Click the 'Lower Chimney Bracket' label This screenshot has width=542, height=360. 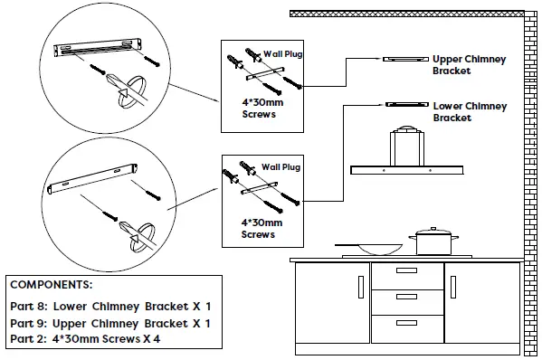pyautogui.click(x=470, y=112)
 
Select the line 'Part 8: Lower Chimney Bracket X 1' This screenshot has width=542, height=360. pyautogui.click(x=110, y=307)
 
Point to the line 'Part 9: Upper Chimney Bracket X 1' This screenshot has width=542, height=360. pyautogui.click(x=110, y=323)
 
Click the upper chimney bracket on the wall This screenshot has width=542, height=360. pyautogui.click(x=404, y=60)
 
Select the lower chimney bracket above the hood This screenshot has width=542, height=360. pyautogui.click(x=404, y=105)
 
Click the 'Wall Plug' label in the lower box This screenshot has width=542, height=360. pyautogui.click(x=280, y=167)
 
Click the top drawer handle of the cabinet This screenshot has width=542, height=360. pyautogui.click(x=406, y=270)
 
